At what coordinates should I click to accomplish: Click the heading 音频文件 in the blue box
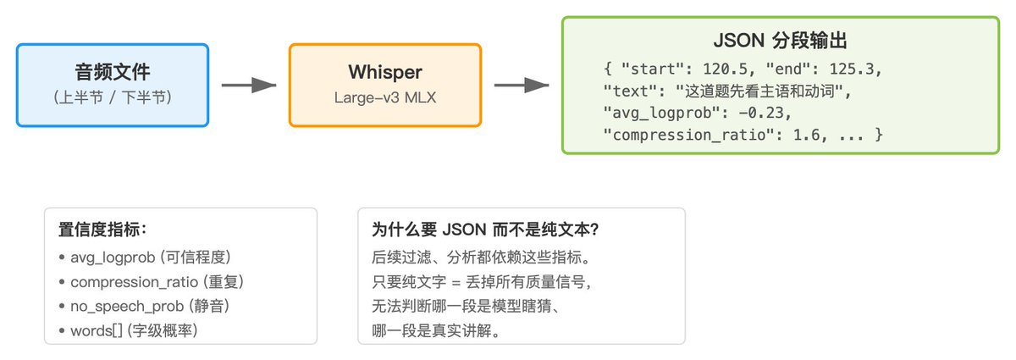tap(113, 72)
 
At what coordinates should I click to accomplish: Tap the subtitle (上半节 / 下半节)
tap(113, 97)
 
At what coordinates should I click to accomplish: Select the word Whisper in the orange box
tap(385, 72)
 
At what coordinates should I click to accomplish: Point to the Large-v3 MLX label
tap(385, 97)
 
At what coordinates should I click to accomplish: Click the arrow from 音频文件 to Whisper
tap(249, 85)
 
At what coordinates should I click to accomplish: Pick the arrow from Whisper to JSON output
tap(522, 85)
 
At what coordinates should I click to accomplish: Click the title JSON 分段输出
tap(780, 41)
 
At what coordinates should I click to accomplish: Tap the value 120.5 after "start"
tap(725, 69)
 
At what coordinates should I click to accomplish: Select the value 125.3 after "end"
tap(852, 69)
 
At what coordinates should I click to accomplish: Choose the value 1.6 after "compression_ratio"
tap(806, 135)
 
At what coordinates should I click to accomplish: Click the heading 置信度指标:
tap(102, 230)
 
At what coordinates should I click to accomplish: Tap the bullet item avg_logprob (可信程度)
tap(150, 258)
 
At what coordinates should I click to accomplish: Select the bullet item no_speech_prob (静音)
tap(150, 306)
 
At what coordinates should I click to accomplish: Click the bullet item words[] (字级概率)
tap(134, 330)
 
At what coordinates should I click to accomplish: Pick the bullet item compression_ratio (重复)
tap(157, 282)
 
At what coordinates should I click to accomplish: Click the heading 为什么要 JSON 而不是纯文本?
tap(485, 230)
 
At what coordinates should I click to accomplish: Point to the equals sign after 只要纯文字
tap(456, 282)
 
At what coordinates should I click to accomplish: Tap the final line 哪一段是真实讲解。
tap(436, 330)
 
